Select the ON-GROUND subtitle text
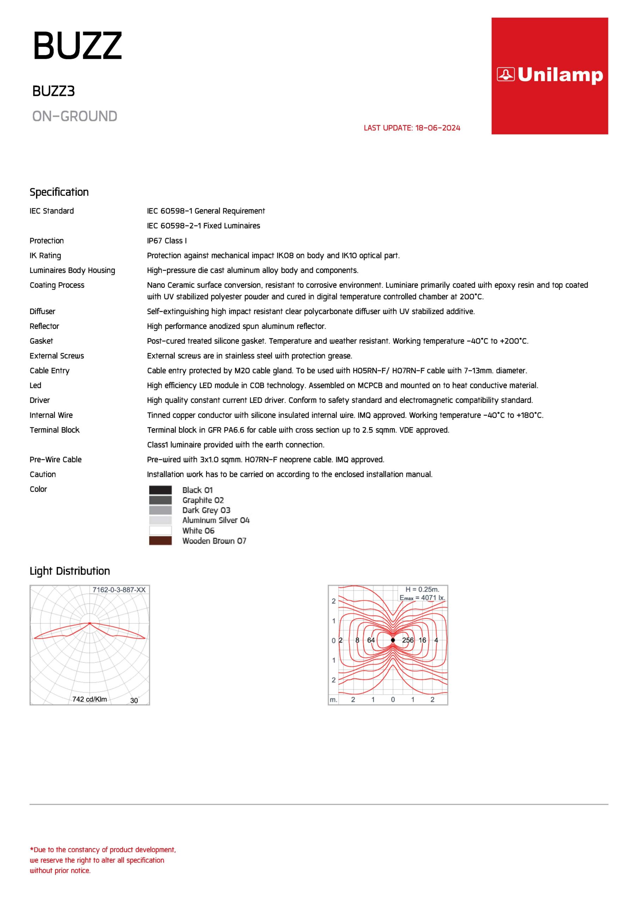pyautogui.click(x=75, y=116)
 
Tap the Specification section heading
pyautogui.click(x=59, y=192)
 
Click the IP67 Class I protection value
pyautogui.click(x=167, y=241)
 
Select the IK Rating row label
pyautogui.click(x=45, y=256)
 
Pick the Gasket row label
pyautogui.click(x=41, y=341)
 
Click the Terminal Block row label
pyautogui.click(x=54, y=430)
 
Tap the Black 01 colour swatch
pyautogui.click(x=160, y=490)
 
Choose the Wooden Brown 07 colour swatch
pyautogui.click(x=160, y=541)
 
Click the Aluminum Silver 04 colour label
pyautogui.click(x=216, y=520)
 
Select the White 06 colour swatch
pyautogui.click(x=160, y=531)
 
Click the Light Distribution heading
pyautogui.click(x=69, y=571)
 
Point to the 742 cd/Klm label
pyautogui.click(x=89, y=699)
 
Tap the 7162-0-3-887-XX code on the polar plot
pyautogui.click(x=119, y=590)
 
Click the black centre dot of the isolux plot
pyautogui.click(x=393, y=640)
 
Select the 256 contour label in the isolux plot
pyautogui.click(x=407, y=640)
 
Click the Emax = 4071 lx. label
pyautogui.click(x=422, y=598)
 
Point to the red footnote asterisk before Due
pyautogui.click(x=31, y=849)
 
